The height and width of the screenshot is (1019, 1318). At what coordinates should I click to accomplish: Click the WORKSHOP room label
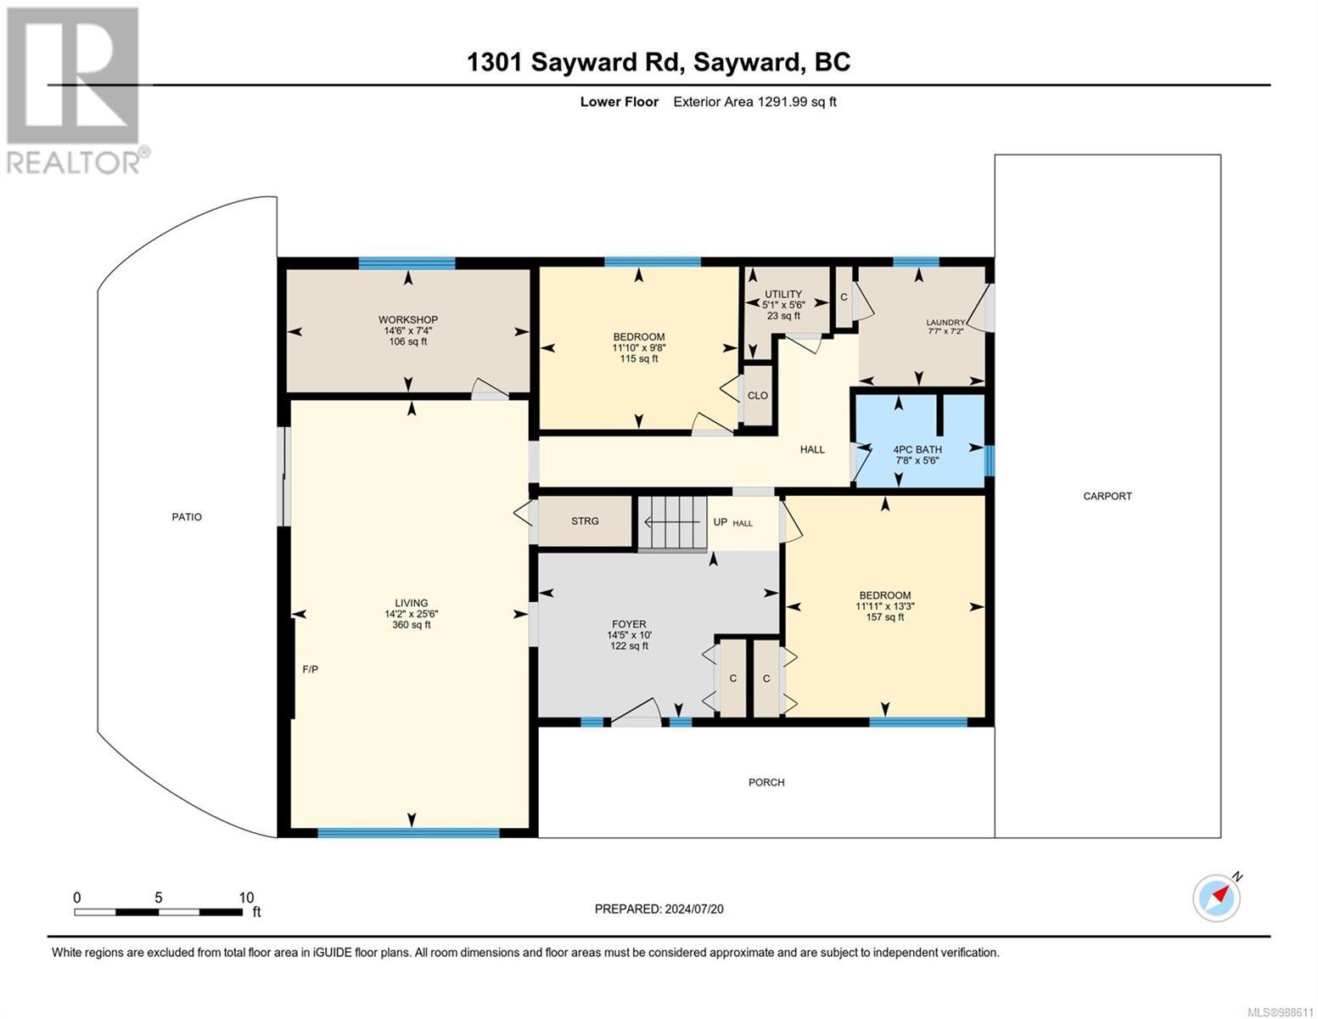(x=407, y=319)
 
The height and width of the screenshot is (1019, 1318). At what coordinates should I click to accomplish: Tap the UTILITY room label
(x=783, y=294)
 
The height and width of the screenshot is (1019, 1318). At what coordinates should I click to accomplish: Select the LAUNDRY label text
(x=945, y=323)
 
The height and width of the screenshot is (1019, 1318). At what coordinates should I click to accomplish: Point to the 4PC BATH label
(x=917, y=450)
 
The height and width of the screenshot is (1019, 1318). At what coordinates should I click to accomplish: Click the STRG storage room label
(x=585, y=521)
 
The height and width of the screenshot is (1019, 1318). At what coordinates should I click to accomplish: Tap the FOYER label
(x=629, y=624)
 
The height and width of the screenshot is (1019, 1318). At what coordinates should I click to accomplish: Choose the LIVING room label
(x=412, y=603)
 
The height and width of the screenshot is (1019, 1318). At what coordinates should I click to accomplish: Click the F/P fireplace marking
(x=310, y=669)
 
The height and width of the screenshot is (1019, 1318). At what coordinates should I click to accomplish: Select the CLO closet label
(x=758, y=396)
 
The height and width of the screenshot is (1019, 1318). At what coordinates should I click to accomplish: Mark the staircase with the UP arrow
(x=672, y=522)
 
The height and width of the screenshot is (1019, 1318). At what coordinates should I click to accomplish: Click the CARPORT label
(x=1107, y=496)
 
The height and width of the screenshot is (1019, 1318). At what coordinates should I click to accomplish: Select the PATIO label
(x=187, y=516)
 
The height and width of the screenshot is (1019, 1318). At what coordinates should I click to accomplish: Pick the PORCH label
(x=766, y=782)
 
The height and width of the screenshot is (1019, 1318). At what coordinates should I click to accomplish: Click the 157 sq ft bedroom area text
(x=885, y=616)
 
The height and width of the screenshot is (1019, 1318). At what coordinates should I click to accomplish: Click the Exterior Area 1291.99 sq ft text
(x=754, y=102)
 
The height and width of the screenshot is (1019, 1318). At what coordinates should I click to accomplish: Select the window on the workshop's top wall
(x=407, y=262)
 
